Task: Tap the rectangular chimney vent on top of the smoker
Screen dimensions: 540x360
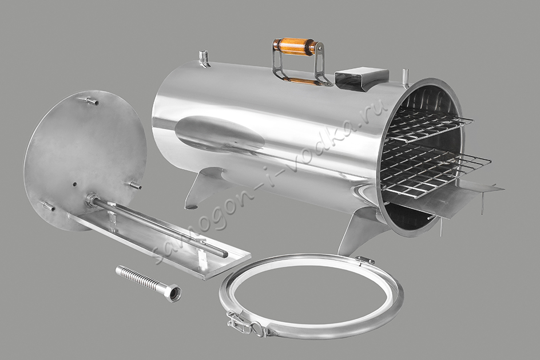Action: click(x=361, y=79)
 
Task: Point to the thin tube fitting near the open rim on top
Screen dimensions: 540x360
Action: click(x=406, y=77)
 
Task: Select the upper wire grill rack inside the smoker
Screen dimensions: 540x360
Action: click(x=431, y=127)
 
